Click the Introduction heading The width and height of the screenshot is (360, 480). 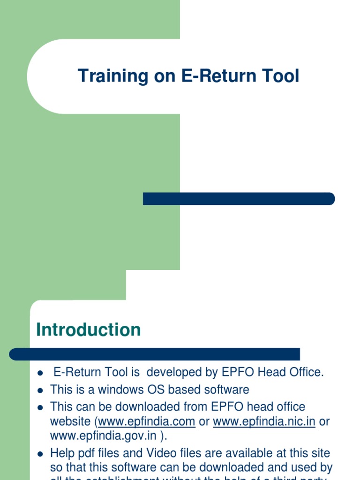tap(89, 330)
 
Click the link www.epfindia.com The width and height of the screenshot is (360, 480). tap(147, 421)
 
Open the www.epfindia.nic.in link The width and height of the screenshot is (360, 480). tap(264, 421)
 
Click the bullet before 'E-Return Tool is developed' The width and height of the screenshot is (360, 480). tap(40, 374)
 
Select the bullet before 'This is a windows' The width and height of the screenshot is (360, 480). tap(40, 390)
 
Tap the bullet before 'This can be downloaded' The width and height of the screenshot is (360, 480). tap(40, 407)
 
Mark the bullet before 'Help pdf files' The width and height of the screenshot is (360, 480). tap(40, 454)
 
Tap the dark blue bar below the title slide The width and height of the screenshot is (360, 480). tap(239, 199)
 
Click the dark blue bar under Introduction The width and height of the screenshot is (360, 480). tap(155, 354)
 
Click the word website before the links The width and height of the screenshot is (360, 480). tap(71, 421)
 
